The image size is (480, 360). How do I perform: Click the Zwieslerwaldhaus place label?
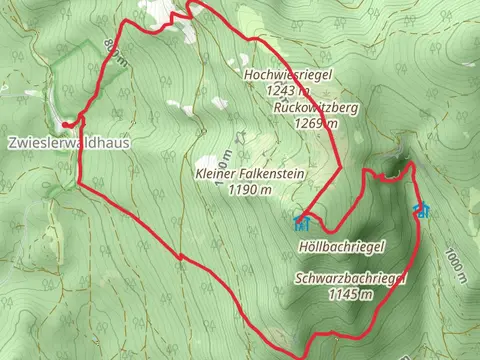pyautogui.click(x=70, y=142)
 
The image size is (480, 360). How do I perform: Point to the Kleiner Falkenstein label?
pyautogui.click(x=249, y=173)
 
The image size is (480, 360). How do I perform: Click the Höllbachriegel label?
pyautogui.click(x=341, y=245)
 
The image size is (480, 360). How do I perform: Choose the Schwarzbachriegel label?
pyautogui.click(x=350, y=279)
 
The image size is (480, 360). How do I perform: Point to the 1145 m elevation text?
pyautogui.click(x=350, y=294)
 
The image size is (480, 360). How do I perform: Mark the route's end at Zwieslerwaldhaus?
pyautogui.click(x=64, y=124)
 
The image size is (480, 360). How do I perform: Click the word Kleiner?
pyautogui.click(x=217, y=173)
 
